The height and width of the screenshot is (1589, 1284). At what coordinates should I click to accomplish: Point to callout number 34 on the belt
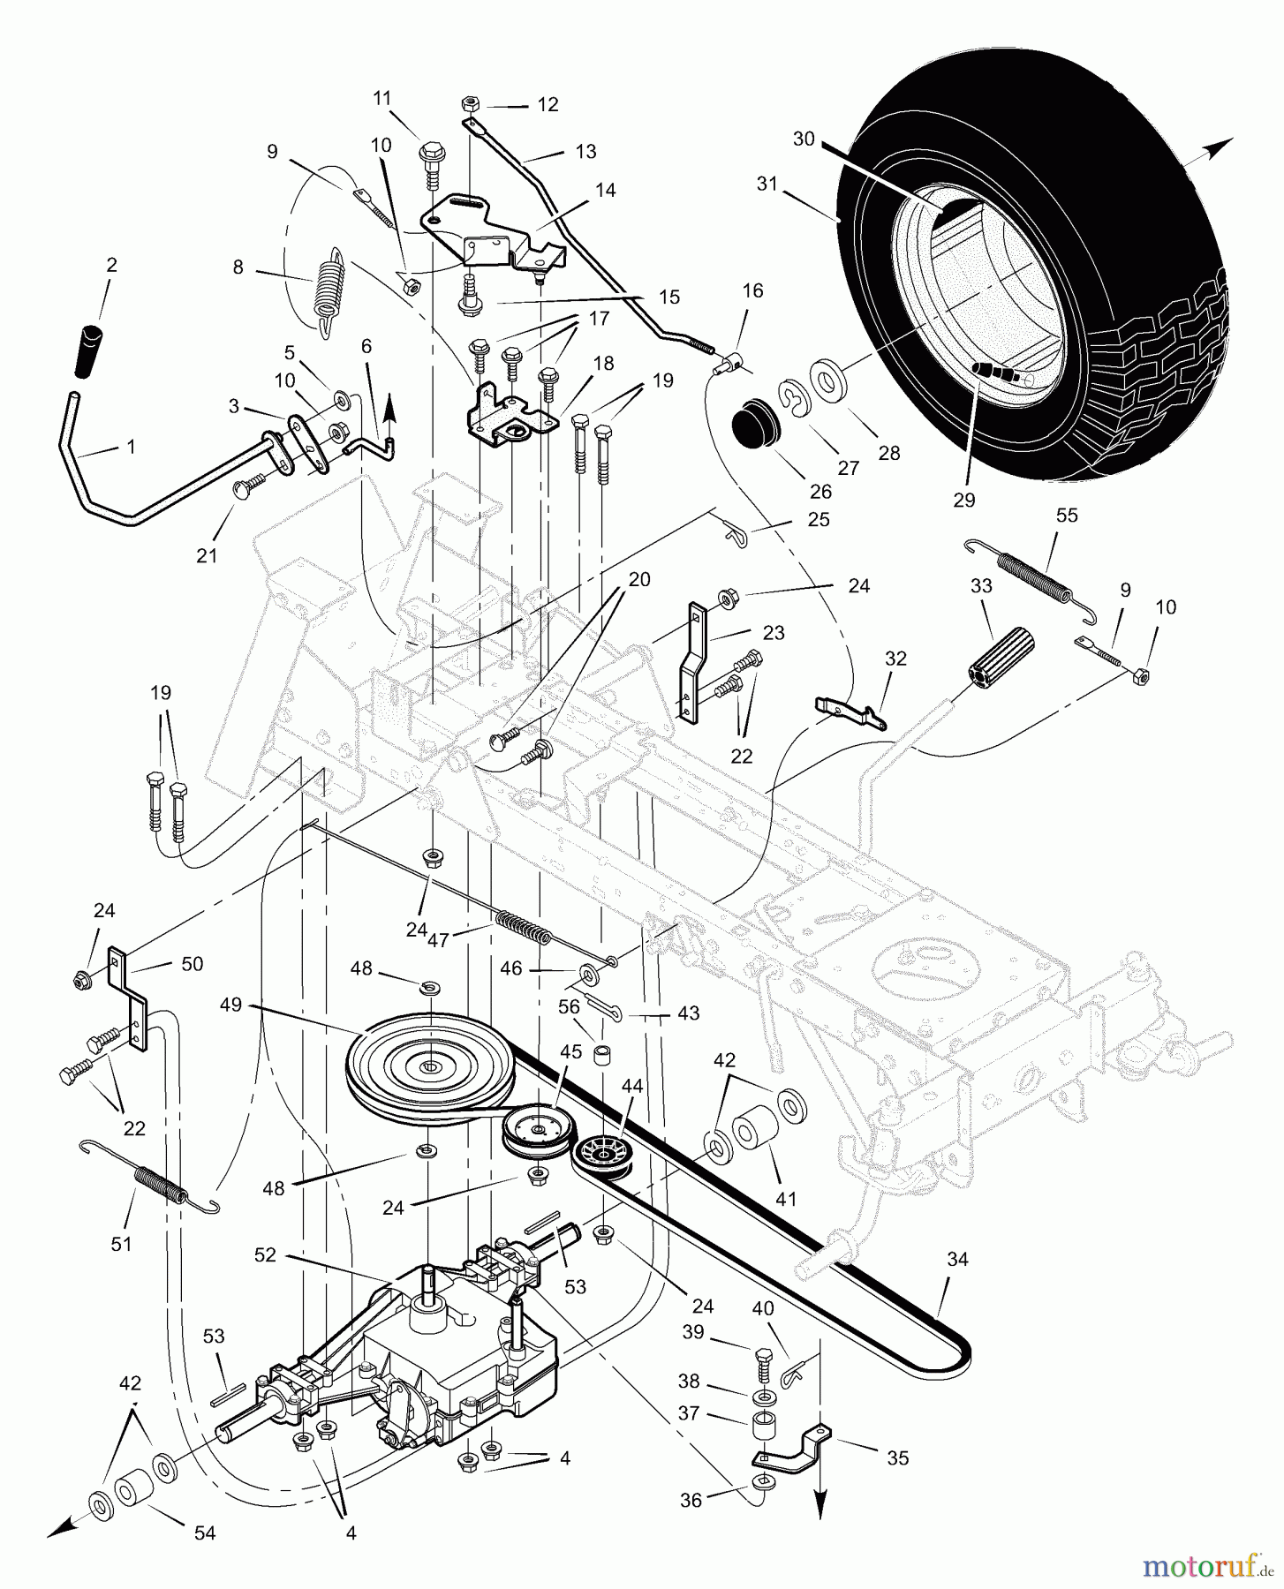point(957,1260)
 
